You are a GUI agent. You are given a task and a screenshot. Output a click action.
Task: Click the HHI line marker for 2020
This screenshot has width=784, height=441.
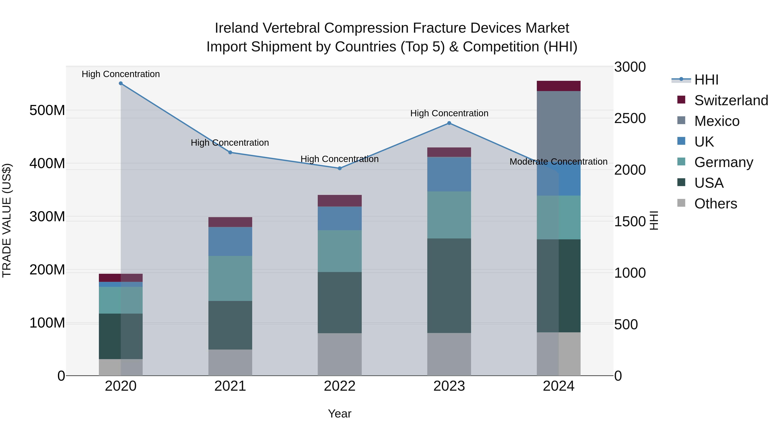tap(121, 83)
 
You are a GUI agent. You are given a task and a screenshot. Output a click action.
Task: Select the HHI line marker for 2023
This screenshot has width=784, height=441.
tap(449, 123)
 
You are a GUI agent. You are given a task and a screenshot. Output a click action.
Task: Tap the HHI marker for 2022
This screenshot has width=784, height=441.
tap(340, 168)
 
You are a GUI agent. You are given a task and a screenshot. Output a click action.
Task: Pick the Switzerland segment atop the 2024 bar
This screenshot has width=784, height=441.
tap(558, 86)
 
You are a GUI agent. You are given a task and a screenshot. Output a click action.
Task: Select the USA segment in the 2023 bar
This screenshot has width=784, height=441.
tap(449, 286)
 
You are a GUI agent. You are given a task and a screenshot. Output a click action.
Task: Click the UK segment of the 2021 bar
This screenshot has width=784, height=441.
tap(230, 241)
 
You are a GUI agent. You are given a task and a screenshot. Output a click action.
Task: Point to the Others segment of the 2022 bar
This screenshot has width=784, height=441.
tap(340, 354)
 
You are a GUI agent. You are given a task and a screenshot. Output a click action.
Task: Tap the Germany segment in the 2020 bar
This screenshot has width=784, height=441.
tap(121, 300)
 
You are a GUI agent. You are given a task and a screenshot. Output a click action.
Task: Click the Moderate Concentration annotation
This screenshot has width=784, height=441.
tap(558, 162)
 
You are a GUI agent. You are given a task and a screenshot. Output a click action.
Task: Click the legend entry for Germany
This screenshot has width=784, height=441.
tap(723, 162)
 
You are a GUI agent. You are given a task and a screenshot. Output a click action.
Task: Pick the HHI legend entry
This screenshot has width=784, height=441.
tap(706, 80)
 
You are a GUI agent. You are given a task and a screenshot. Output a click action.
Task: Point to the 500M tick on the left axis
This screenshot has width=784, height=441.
tap(47, 110)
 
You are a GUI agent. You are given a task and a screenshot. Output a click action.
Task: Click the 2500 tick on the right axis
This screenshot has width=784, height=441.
tap(630, 118)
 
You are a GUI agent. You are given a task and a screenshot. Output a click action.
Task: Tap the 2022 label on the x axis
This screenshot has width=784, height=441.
tap(340, 386)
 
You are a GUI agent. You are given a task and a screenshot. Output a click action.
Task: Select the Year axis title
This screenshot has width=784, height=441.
tap(340, 414)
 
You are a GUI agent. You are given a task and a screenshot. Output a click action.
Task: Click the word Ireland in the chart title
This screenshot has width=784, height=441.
tap(237, 28)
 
